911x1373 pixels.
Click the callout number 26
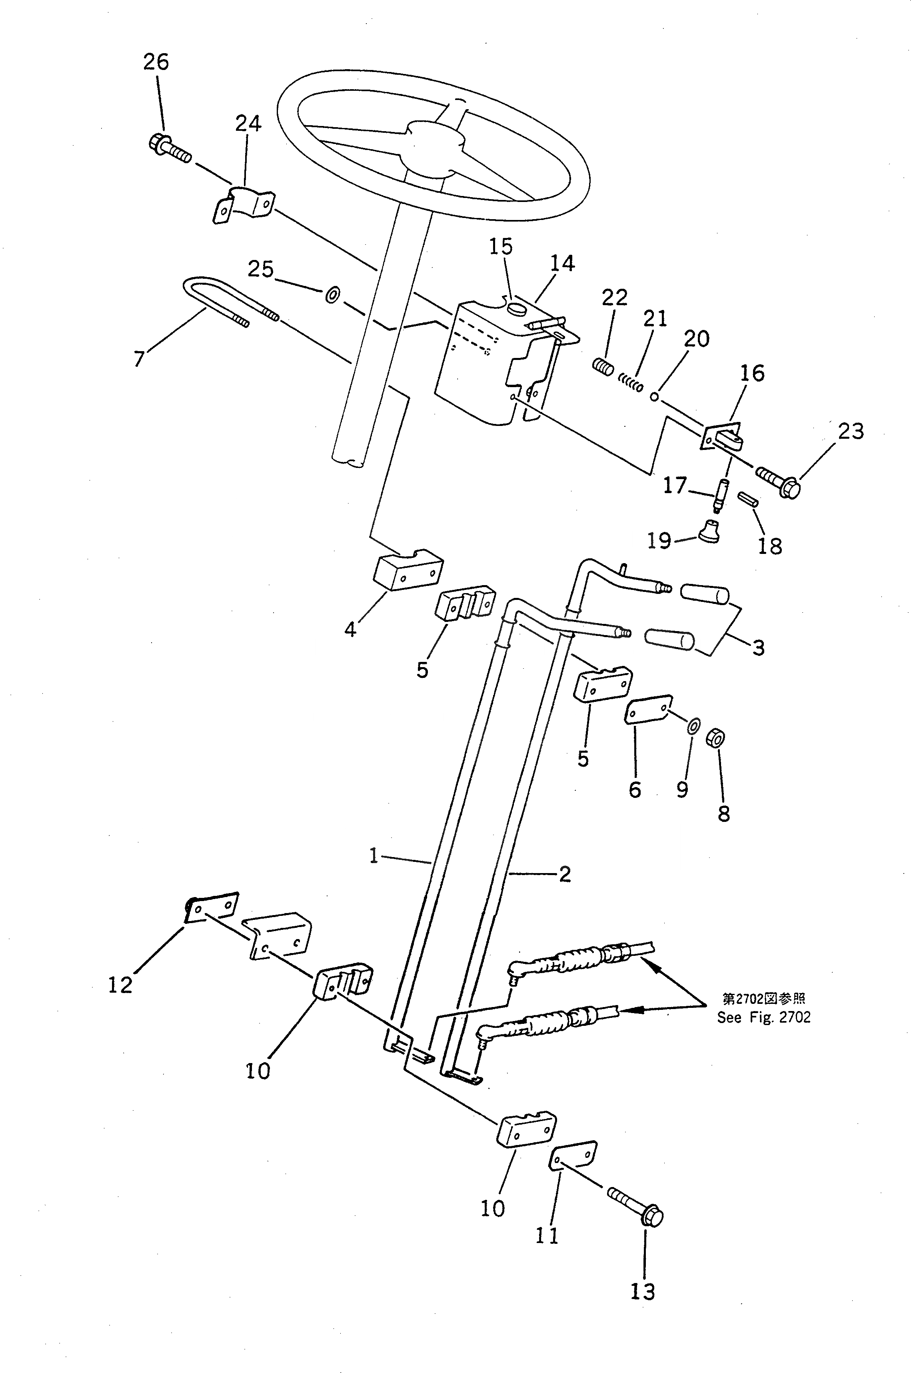(156, 62)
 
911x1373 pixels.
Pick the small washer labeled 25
(333, 295)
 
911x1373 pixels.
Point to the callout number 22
(615, 298)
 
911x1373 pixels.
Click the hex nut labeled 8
(715, 739)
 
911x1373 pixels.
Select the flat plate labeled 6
(648, 708)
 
